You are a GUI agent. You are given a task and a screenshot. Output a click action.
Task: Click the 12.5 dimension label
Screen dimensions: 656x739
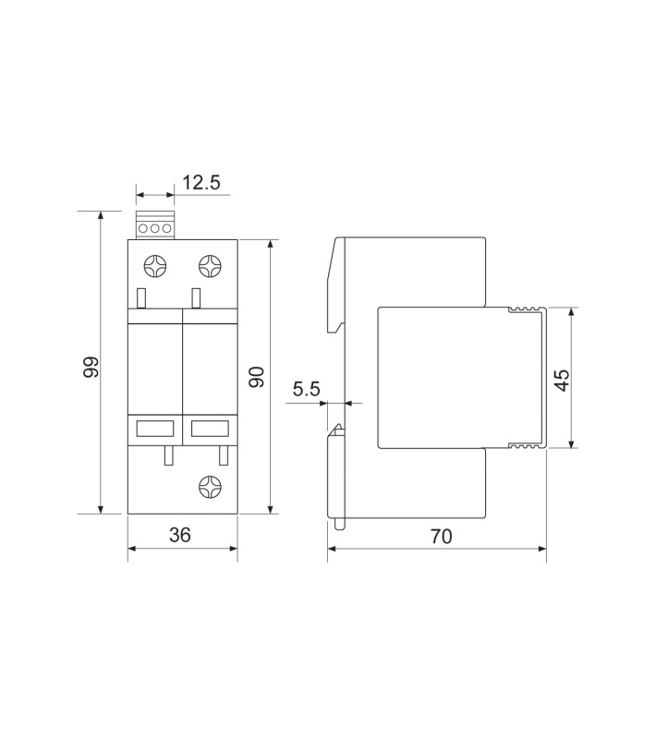click(201, 182)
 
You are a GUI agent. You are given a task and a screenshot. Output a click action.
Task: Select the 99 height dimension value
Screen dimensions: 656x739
click(91, 367)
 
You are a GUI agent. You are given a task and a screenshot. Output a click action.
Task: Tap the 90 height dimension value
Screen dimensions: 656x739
click(257, 377)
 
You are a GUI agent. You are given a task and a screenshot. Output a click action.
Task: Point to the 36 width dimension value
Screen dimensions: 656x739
click(180, 535)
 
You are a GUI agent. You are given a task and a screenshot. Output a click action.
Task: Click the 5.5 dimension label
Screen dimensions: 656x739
click(307, 389)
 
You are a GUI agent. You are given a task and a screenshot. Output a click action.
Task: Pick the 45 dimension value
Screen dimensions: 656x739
click(561, 380)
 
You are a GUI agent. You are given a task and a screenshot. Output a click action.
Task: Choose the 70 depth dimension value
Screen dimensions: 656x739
click(441, 537)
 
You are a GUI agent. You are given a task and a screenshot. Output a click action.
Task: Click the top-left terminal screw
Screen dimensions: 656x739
click(155, 266)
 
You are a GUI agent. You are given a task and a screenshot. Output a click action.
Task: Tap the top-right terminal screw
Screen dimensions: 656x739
click(210, 266)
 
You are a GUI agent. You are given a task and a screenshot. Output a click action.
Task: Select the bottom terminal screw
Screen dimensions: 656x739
click(210, 487)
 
